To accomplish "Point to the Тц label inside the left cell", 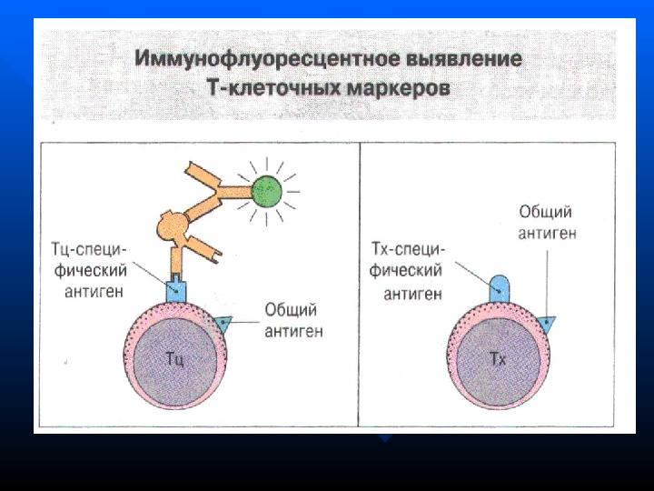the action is [176, 357].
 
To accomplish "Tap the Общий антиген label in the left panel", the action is [293, 320].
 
